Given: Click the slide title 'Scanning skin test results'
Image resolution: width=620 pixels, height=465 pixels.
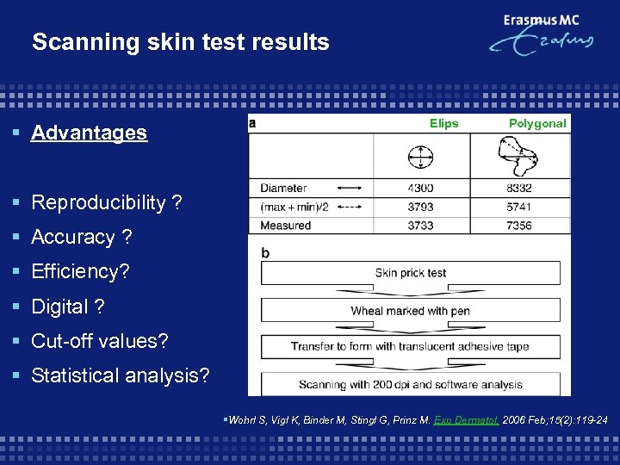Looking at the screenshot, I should tap(180, 42).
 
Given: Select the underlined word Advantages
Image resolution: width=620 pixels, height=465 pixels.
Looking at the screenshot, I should tap(89, 133).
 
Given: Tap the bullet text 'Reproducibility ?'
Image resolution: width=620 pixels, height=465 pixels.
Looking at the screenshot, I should tap(106, 202).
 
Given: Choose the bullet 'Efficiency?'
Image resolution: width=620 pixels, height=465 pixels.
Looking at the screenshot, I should tap(80, 271).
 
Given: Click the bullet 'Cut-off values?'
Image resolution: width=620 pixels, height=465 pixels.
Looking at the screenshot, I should tap(100, 341).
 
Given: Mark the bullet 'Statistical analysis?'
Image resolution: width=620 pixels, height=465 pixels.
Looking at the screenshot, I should tap(120, 375).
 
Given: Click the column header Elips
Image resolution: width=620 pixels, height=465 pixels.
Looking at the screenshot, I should tap(443, 123).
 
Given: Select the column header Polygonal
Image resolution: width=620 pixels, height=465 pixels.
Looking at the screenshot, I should tap(537, 123).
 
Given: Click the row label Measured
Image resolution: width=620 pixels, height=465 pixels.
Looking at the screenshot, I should tap(285, 226).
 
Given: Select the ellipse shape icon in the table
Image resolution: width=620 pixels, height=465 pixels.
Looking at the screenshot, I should tap(421, 157).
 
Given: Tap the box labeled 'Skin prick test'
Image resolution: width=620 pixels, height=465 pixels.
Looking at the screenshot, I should tap(410, 273).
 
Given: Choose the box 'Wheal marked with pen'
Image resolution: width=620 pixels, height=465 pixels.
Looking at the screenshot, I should tap(410, 310).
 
